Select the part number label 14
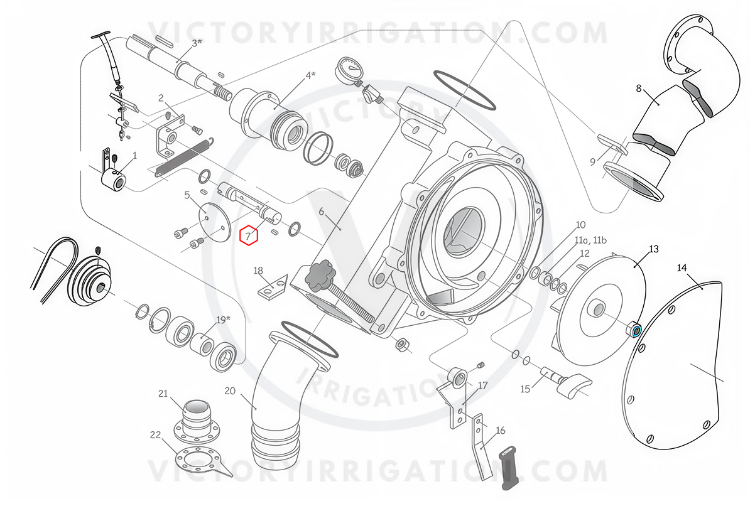pos(682,268)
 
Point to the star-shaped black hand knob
pos(319,274)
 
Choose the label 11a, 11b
pos(590,240)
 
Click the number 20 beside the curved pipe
pos(230,391)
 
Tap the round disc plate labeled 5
pos(214,221)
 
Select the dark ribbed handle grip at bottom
pos(509,468)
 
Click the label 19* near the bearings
pos(223,320)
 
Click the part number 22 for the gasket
pos(155,435)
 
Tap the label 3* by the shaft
pos(197,43)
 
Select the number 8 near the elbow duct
pos(639,89)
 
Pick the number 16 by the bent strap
pos(501,431)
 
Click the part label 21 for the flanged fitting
pos(163,394)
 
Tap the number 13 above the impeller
pos(653,249)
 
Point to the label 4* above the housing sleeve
pos(310,75)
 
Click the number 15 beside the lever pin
pos(525,389)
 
